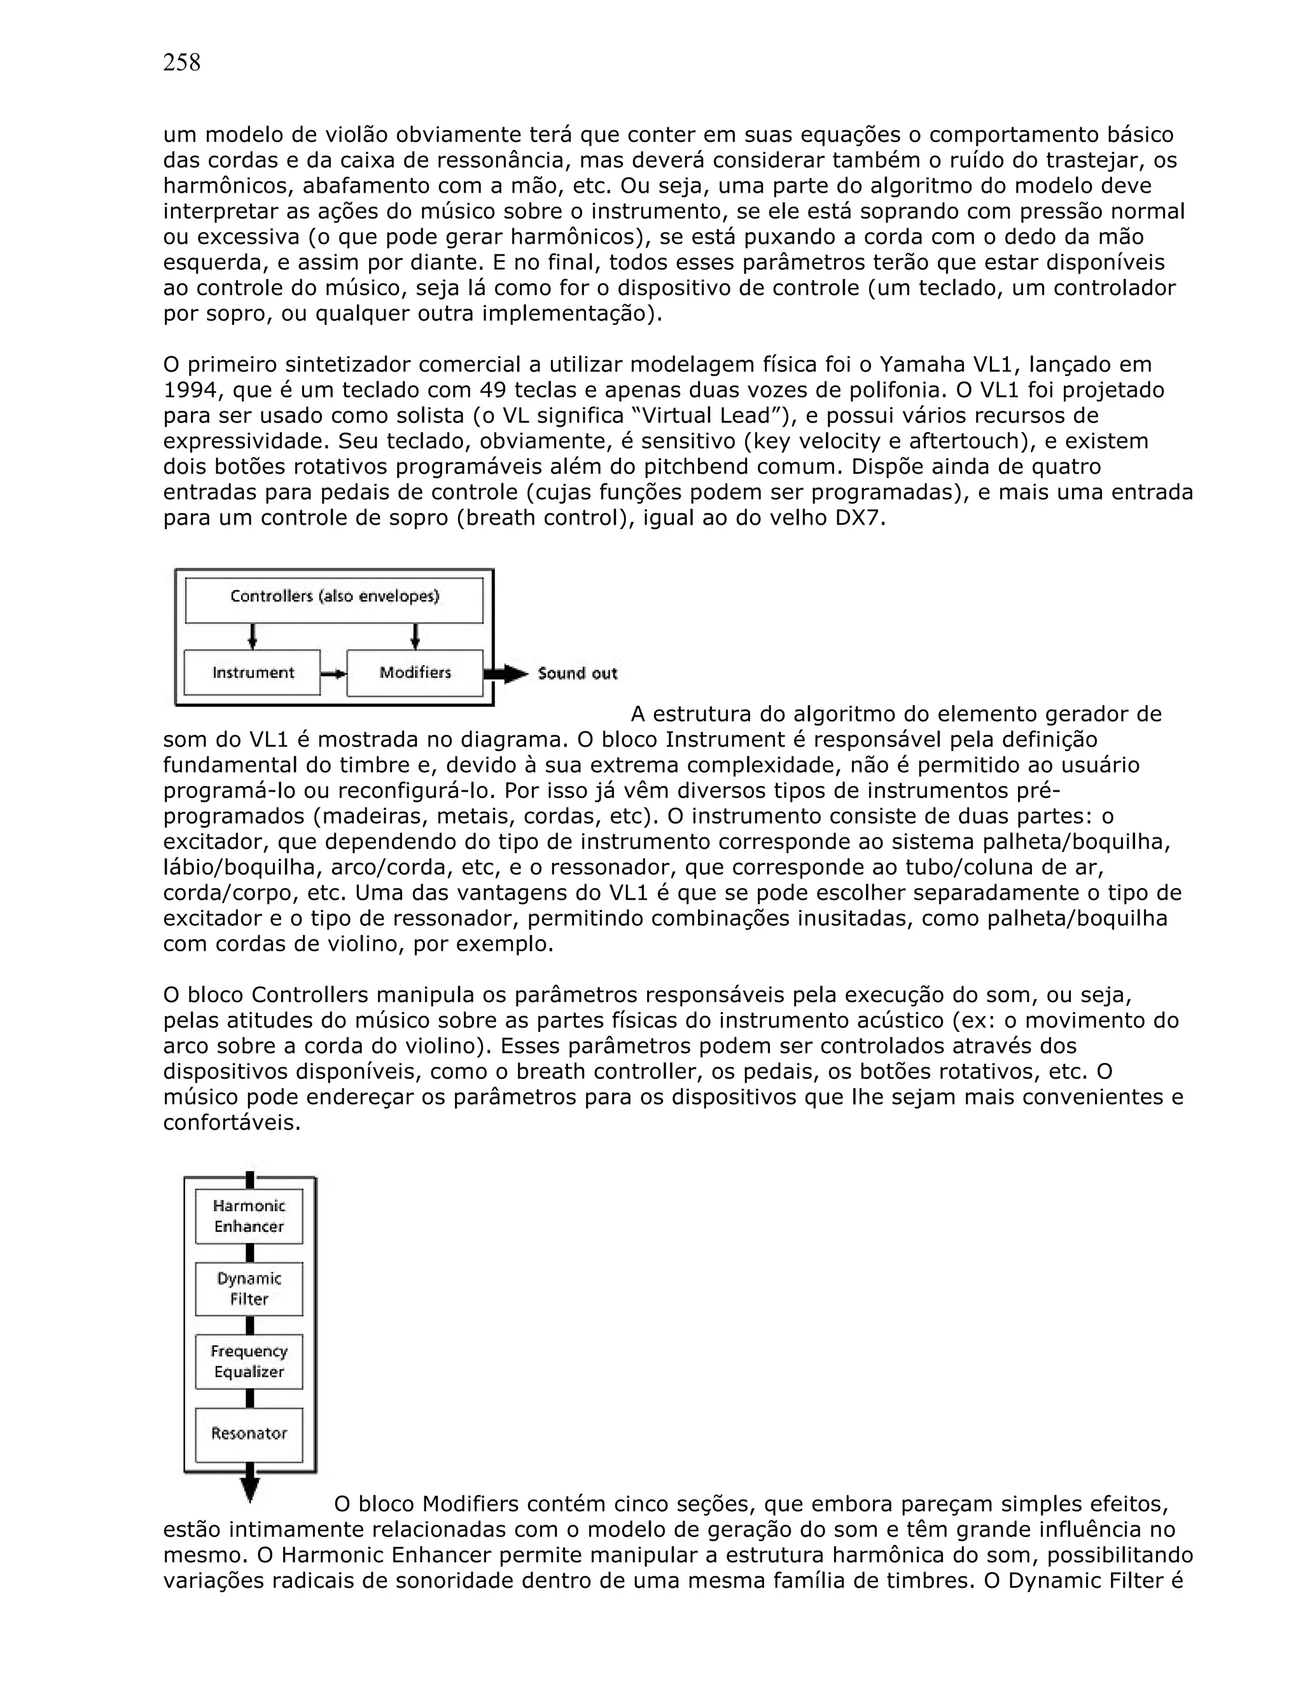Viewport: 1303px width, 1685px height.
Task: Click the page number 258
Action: point(181,62)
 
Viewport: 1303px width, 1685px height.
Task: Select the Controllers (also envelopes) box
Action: point(334,601)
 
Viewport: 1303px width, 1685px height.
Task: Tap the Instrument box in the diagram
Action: point(253,673)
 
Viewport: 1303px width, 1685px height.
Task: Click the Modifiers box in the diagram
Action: point(415,673)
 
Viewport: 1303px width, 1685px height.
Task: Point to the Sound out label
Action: point(578,673)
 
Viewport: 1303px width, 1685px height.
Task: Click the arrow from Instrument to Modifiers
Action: point(333,673)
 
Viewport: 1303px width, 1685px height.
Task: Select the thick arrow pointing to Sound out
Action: point(507,673)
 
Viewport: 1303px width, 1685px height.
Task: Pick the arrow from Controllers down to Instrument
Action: point(252,637)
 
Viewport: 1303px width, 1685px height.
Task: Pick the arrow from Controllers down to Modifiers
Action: point(415,637)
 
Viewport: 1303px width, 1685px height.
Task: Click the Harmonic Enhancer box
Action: point(249,1216)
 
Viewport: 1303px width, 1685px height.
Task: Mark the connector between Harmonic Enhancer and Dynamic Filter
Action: point(249,1253)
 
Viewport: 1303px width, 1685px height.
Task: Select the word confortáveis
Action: point(232,1122)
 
